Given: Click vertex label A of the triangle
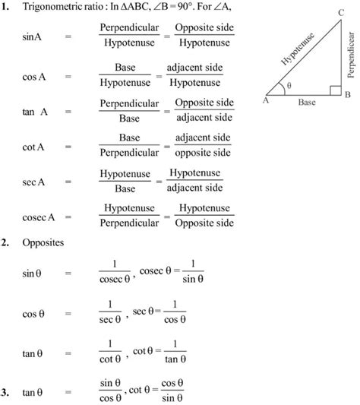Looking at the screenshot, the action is pyautogui.click(x=266, y=98).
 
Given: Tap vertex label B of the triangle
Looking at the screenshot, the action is pyautogui.click(x=346, y=94).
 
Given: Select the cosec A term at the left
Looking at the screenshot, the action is pyautogui.click(x=36, y=216).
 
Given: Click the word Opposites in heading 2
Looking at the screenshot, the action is pyautogui.click(x=43, y=245).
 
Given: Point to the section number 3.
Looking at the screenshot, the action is pyautogui.click(x=5, y=393).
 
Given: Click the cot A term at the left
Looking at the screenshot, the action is pyautogui.click(x=33, y=147).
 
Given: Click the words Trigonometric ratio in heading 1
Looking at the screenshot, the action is pyautogui.click(x=62, y=8).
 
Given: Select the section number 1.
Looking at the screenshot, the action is pyautogui.click(x=5, y=8).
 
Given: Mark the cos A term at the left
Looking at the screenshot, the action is pyautogui.click(x=33, y=78).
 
